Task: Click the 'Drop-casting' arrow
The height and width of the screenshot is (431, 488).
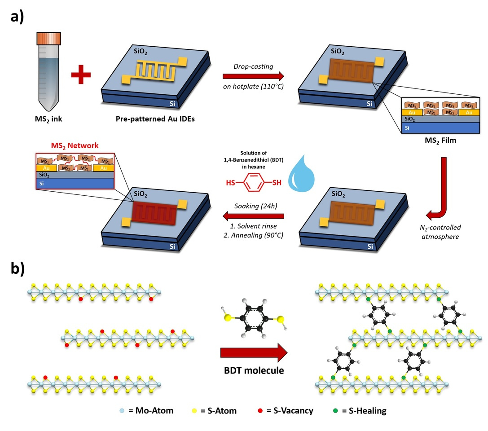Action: point(253,75)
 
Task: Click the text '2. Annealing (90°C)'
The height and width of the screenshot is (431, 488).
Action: point(254,234)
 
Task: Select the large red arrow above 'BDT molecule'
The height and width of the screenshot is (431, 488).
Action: point(254,352)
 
